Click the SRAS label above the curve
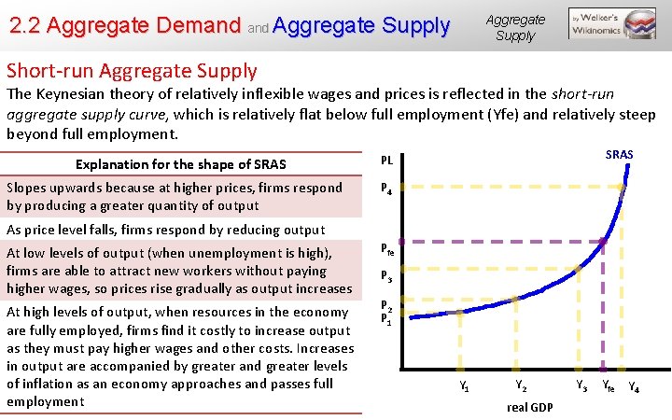click(619, 154)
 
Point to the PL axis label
click(387, 161)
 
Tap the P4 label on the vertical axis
click(387, 187)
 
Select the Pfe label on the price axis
click(388, 249)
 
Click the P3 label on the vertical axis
click(387, 276)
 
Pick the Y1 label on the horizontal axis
click(464, 385)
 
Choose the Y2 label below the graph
click(521, 385)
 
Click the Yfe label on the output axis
click(608, 385)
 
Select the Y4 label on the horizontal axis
click(634, 385)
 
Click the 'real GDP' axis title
click(529, 407)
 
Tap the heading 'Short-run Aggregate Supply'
click(132, 70)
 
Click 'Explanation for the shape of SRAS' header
click(181, 164)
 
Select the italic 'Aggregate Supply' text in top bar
click(514, 27)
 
